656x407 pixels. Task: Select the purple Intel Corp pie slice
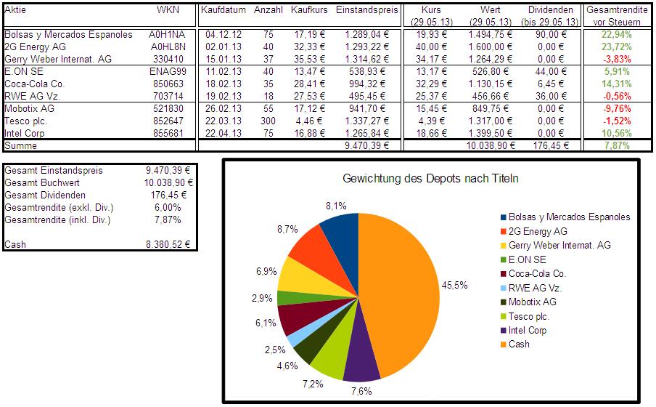[x=363, y=363]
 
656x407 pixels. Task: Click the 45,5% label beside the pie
[x=455, y=285]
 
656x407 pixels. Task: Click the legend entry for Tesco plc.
[x=529, y=316]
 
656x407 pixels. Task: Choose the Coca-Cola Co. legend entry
[x=537, y=274]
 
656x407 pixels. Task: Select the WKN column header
[x=167, y=10]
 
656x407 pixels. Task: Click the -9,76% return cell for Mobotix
[x=615, y=108]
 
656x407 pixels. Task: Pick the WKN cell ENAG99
[x=168, y=71]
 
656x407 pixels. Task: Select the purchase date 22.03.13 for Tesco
[x=225, y=121]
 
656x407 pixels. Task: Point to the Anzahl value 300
[x=268, y=121]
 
